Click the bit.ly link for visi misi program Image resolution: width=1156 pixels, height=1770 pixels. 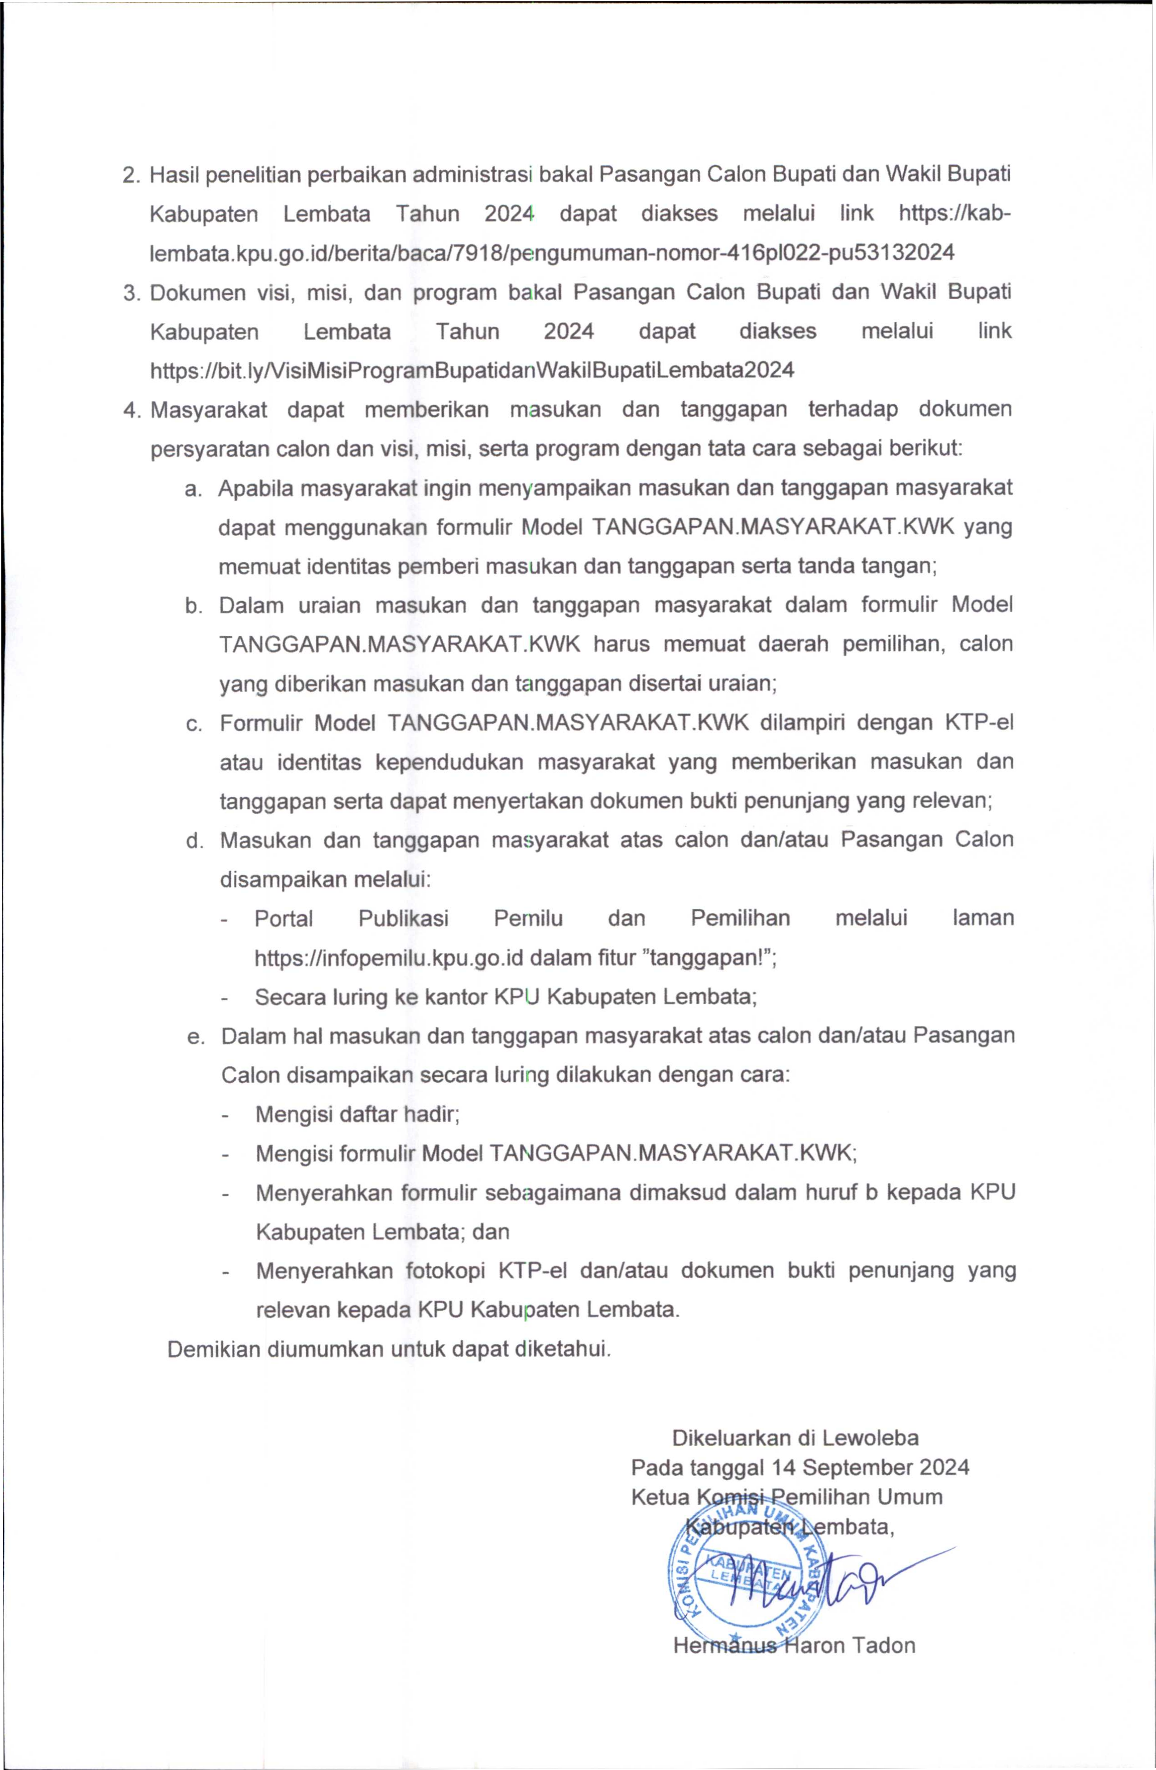[x=472, y=369]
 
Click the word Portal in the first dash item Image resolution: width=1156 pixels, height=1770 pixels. [x=284, y=918]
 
